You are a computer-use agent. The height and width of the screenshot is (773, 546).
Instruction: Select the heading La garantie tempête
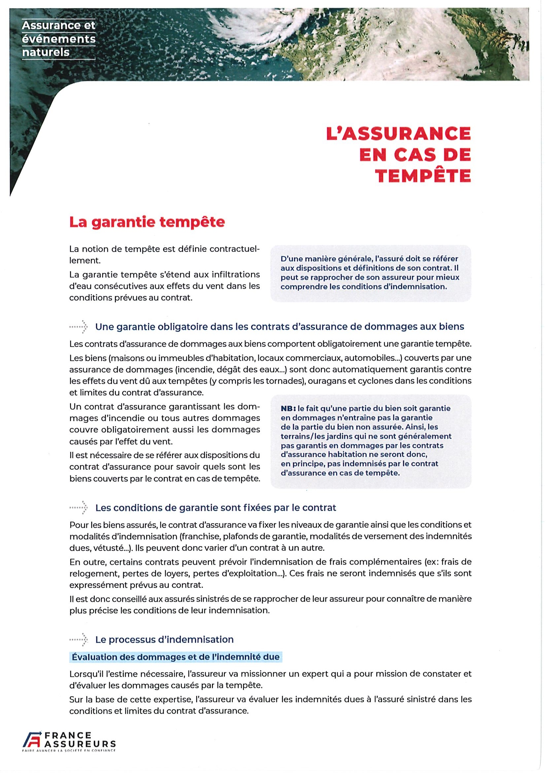coord(147,223)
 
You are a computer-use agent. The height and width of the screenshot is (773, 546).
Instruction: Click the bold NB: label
coord(288,408)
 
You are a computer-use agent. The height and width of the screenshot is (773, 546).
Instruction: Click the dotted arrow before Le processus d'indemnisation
coord(78,639)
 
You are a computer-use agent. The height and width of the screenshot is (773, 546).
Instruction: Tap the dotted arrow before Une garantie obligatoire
coord(78,327)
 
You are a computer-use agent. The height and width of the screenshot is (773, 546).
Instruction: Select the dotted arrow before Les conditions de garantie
coord(78,508)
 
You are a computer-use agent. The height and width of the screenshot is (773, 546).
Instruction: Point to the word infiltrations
coord(231,275)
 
